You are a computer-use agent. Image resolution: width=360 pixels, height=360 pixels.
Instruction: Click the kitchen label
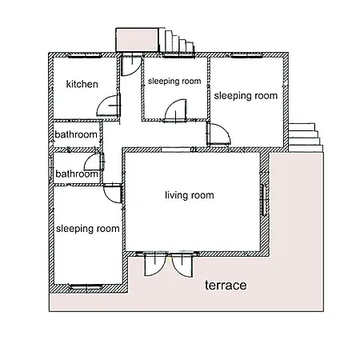click(82, 84)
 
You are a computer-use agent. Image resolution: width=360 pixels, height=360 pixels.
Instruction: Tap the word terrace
click(226, 286)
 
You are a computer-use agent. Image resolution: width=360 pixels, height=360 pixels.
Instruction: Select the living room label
click(190, 195)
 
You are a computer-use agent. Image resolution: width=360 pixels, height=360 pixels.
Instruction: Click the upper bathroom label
click(76, 134)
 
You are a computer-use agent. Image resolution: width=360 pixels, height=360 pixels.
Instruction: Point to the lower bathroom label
click(77, 174)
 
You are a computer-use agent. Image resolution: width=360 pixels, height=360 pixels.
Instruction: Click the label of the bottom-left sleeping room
click(88, 229)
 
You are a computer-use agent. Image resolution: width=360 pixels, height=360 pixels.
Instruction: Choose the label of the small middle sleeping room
click(174, 81)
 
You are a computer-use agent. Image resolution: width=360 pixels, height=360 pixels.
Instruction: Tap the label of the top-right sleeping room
click(246, 96)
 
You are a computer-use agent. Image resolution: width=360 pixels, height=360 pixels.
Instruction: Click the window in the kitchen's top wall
click(84, 55)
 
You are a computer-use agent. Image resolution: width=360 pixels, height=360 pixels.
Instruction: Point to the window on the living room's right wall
click(264, 199)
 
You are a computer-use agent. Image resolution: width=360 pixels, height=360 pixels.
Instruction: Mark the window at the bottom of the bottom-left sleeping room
click(86, 286)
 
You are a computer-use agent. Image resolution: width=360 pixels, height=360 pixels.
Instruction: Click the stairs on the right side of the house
click(306, 138)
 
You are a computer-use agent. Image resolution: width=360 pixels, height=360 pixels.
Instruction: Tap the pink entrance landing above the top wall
click(137, 40)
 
